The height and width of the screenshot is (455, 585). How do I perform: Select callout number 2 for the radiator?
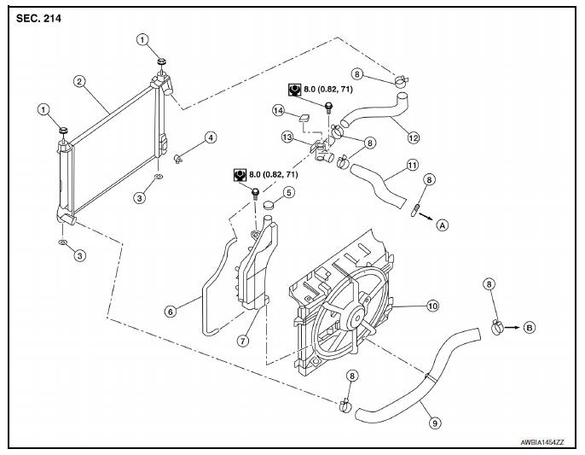point(78,82)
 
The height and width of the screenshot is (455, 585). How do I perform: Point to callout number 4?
point(210,137)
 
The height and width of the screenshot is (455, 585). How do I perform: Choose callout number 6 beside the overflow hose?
point(170,312)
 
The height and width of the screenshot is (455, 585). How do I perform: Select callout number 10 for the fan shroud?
point(432,305)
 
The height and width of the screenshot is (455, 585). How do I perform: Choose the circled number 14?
point(277,110)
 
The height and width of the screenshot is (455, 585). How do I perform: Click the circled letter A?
point(442,225)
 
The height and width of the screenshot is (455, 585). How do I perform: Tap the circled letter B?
point(529,327)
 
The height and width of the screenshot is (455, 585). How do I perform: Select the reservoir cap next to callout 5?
point(269,205)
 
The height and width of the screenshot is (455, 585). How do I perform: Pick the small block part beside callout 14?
point(303,117)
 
